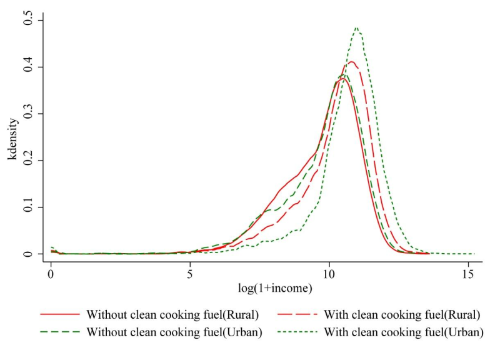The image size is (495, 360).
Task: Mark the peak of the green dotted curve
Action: point(356,27)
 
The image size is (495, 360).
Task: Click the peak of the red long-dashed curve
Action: point(351,61)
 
